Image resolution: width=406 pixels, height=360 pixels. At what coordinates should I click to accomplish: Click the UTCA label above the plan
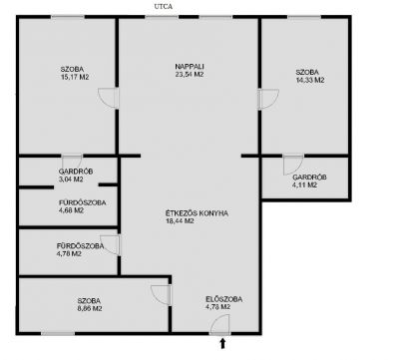pos(164,6)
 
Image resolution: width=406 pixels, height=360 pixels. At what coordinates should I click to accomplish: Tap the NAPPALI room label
pos(190,67)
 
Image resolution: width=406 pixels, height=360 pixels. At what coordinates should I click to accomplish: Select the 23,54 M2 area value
pos(190,75)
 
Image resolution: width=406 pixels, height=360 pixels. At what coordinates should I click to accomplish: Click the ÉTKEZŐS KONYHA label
pos(197,213)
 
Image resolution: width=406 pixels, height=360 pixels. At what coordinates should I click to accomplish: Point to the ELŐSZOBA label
pos(223,299)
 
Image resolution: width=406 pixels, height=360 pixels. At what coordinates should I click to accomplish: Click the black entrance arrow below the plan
pos(222,344)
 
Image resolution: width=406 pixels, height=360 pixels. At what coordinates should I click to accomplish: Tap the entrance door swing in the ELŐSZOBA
pos(220,324)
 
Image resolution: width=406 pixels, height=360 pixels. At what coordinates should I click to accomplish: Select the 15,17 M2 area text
pos(75,77)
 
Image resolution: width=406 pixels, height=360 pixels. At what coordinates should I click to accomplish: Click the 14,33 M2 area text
pos(310,80)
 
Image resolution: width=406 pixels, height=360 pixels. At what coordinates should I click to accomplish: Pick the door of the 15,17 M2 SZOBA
pos(109,98)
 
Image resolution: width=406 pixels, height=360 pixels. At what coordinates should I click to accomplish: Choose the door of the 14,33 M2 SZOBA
pos(268,99)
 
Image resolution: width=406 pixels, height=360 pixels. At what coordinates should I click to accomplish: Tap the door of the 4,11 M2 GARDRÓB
pos(293,165)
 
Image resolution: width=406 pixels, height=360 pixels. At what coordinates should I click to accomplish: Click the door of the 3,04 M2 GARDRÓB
pos(72,162)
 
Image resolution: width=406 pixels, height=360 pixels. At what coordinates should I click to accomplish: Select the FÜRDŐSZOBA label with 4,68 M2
pos(83,202)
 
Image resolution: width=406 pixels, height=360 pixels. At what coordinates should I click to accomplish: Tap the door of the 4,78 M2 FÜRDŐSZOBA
pos(110,245)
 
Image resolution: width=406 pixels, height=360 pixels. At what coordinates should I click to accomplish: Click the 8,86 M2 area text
pos(90,308)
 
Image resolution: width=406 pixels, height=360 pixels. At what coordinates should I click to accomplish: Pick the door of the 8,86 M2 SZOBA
pos(162,295)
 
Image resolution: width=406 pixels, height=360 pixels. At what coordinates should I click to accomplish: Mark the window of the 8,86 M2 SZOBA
pos(58,333)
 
